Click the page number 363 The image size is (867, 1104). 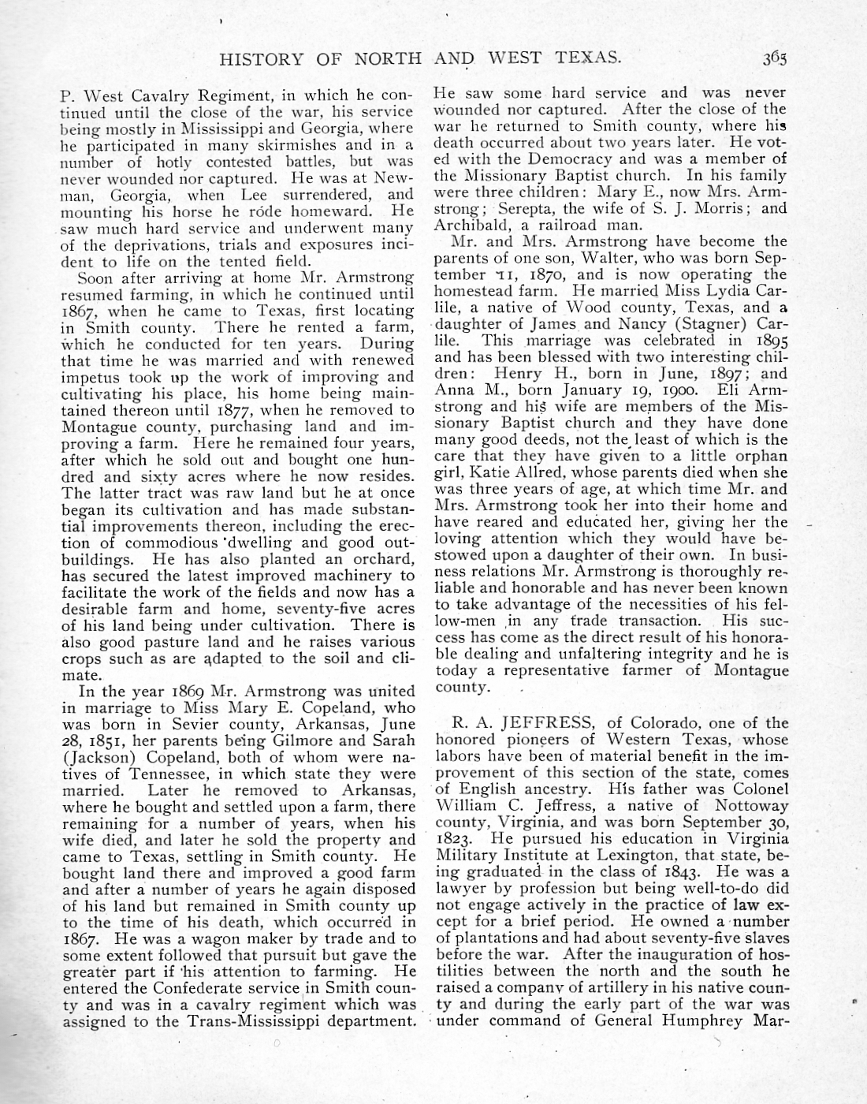[x=774, y=58]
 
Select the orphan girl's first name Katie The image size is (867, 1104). [x=489, y=473]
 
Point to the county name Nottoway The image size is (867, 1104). [x=751, y=806]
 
